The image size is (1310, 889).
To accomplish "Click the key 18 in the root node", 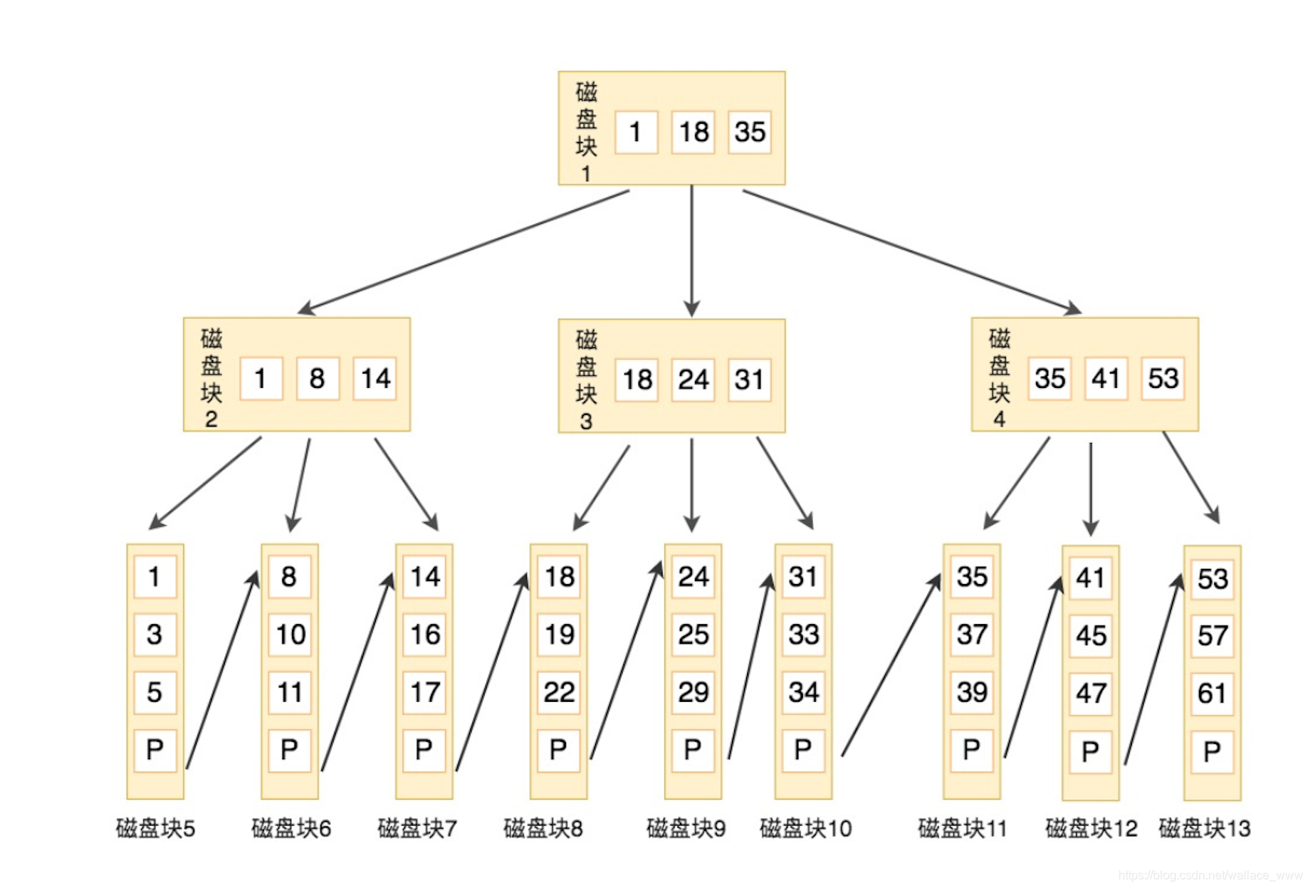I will pos(693,132).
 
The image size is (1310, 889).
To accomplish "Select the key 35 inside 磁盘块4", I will pos(1050,378).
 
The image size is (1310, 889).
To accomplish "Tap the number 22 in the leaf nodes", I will pos(558,692).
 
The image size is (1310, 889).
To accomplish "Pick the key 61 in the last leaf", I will pos(1212,693).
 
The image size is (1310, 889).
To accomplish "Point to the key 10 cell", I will pos(290,635).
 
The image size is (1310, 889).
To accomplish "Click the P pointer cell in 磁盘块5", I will pos(155,750).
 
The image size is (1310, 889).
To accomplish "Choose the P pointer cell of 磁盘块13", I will pos(1212,752).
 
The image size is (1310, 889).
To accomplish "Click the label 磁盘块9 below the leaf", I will pos(686,829).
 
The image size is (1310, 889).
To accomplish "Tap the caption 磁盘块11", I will pos(962,829).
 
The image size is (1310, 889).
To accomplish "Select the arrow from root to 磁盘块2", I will pos(464,251).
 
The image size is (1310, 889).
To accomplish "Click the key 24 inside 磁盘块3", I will pos(693,380).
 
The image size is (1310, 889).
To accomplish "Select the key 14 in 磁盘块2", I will pos(375,378).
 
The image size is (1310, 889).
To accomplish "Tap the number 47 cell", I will pos(1090,694).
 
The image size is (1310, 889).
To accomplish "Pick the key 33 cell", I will pos(803,635).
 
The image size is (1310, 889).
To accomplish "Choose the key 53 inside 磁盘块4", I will pos(1162,378).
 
